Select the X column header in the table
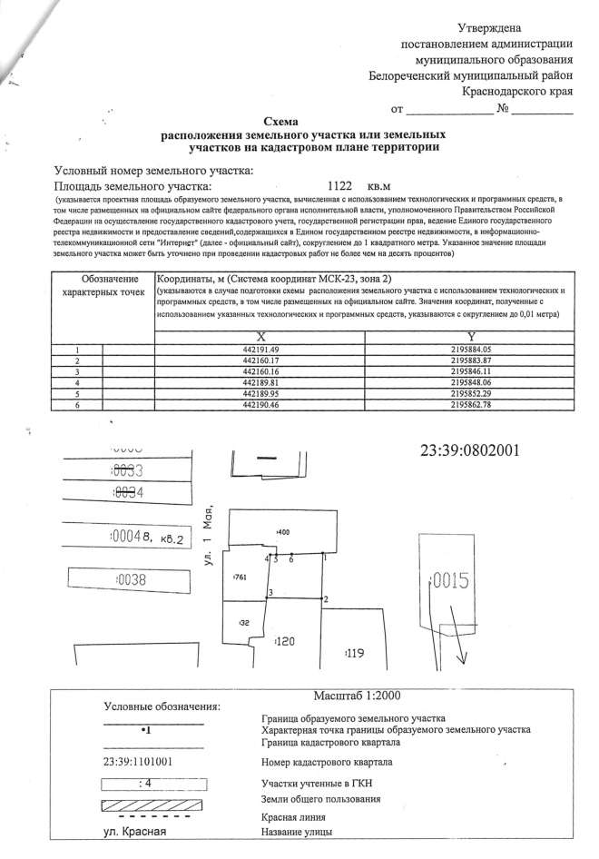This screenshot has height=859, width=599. (x=260, y=336)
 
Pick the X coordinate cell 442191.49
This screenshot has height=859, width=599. (x=260, y=350)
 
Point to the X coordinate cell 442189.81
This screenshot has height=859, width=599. (x=260, y=383)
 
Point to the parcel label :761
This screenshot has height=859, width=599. (x=241, y=578)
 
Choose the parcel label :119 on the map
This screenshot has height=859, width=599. (x=356, y=653)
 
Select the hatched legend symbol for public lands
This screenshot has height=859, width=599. (x=152, y=805)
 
